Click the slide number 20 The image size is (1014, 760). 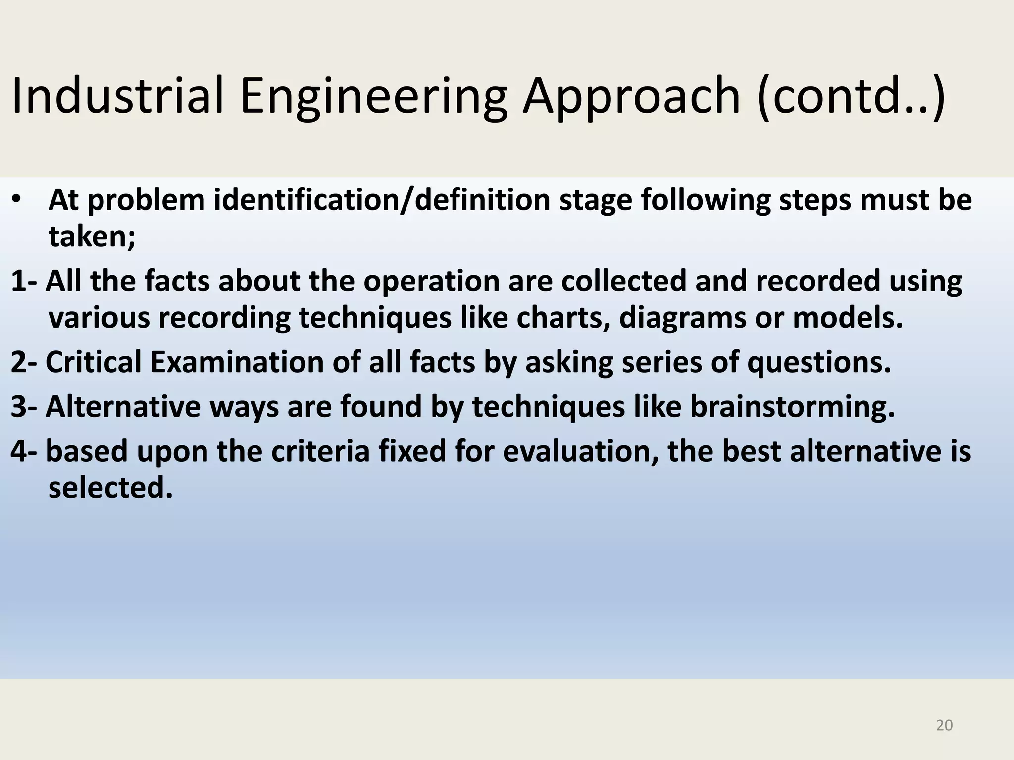pyautogui.click(x=944, y=725)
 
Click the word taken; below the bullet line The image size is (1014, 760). pyautogui.click(x=92, y=237)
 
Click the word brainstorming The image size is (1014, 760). pyautogui.click(x=792, y=407)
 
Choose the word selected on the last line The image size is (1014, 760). pyautogui.click(x=110, y=488)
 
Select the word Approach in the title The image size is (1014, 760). pyautogui.click(x=632, y=96)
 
